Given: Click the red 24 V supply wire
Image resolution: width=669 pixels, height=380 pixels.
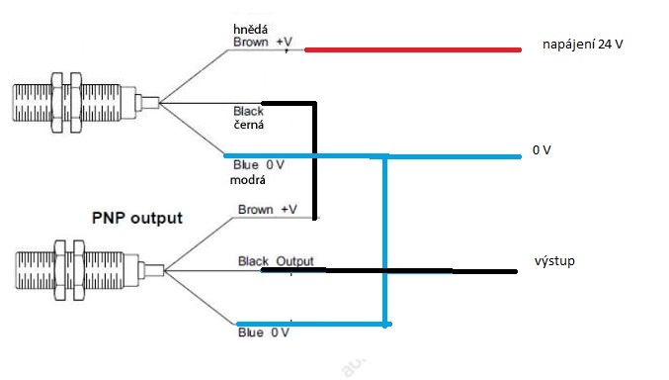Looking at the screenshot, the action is coord(413,50).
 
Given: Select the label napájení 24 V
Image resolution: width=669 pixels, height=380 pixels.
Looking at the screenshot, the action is coord(582,45).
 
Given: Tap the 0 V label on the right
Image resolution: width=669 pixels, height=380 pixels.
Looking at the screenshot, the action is coord(542,150).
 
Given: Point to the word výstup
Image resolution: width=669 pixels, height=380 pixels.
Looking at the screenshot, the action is coord(554,261).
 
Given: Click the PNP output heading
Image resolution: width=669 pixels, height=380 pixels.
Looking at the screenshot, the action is coord(137,218).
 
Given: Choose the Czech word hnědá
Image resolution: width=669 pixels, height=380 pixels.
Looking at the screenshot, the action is coord(250,29).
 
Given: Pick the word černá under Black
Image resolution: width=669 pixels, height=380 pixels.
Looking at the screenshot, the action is coord(248,125).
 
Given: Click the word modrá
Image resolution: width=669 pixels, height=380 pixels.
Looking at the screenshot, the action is coord(247,180).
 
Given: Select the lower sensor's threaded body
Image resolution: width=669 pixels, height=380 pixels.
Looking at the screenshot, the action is coord(77,270).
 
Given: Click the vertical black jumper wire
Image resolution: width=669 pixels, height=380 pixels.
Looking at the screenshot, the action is coord(315,160).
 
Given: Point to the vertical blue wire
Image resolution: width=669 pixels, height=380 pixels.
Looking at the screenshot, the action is coord(384,240).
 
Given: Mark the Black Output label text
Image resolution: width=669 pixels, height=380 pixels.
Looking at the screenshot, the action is coord(276,261).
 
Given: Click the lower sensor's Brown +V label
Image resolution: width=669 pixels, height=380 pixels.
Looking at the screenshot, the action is coord(268,210).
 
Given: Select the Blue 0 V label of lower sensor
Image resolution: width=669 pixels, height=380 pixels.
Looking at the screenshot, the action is coord(264,332).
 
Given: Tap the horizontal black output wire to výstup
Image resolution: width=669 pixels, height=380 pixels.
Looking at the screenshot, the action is coord(389,271).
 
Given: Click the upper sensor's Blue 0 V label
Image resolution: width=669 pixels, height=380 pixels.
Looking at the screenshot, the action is coord(259,165).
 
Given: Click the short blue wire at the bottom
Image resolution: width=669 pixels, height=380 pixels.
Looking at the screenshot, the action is coord(314,325).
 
